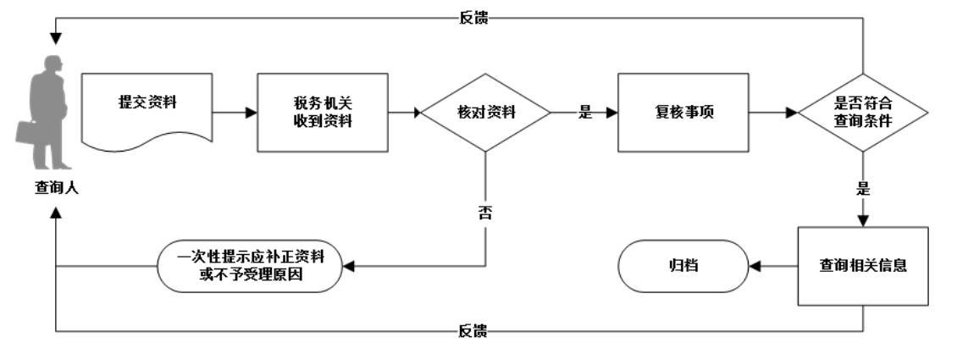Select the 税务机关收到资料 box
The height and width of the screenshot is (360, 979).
coord(322,112)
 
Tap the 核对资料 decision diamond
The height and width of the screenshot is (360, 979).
coord(485,112)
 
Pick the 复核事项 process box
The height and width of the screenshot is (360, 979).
coord(683,112)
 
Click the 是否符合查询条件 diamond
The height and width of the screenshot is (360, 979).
coord(862,112)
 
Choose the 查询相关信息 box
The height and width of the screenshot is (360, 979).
coord(863,265)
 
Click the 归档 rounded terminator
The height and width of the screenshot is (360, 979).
coord(683,266)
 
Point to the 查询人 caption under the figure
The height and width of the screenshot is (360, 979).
coord(52,187)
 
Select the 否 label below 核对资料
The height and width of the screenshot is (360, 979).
coord(485,212)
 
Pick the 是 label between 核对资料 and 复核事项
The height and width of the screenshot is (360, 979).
coord(584,112)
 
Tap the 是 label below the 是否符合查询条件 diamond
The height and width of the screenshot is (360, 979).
coord(863,188)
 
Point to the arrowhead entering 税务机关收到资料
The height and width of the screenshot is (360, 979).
coord(251,112)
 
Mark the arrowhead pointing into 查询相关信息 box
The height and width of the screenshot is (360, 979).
coord(863,220)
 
